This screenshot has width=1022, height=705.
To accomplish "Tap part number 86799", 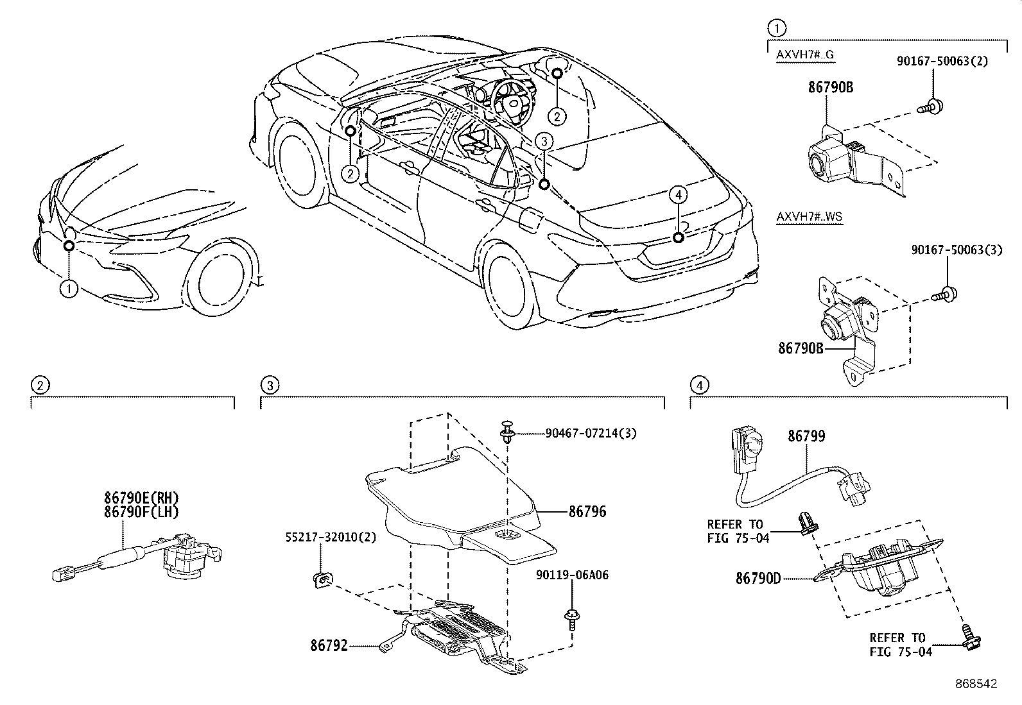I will click(x=806, y=436).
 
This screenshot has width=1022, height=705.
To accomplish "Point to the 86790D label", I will click(x=758, y=578).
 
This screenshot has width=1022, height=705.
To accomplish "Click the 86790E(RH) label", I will click(x=141, y=497).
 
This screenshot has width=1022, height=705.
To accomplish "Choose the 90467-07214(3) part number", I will click(x=591, y=433).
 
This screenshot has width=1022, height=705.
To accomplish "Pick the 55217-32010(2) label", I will click(x=331, y=538).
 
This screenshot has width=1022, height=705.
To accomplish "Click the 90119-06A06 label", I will click(x=572, y=575).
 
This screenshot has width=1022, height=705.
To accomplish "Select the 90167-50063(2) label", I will click(x=942, y=62).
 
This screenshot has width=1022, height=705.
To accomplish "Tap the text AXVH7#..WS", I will click(x=809, y=217).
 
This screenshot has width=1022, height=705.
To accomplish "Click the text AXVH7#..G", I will click(x=805, y=55).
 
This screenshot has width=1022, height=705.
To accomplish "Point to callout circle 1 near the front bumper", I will click(x=69, y=289).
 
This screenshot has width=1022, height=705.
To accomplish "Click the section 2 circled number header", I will click(x=40, y=385).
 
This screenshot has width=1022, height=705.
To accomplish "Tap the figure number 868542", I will click(x=976, y=684).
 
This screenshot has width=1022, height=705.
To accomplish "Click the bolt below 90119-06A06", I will click(x=570, y=618).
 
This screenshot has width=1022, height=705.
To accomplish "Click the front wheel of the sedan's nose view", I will click(x=221, y=280).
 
